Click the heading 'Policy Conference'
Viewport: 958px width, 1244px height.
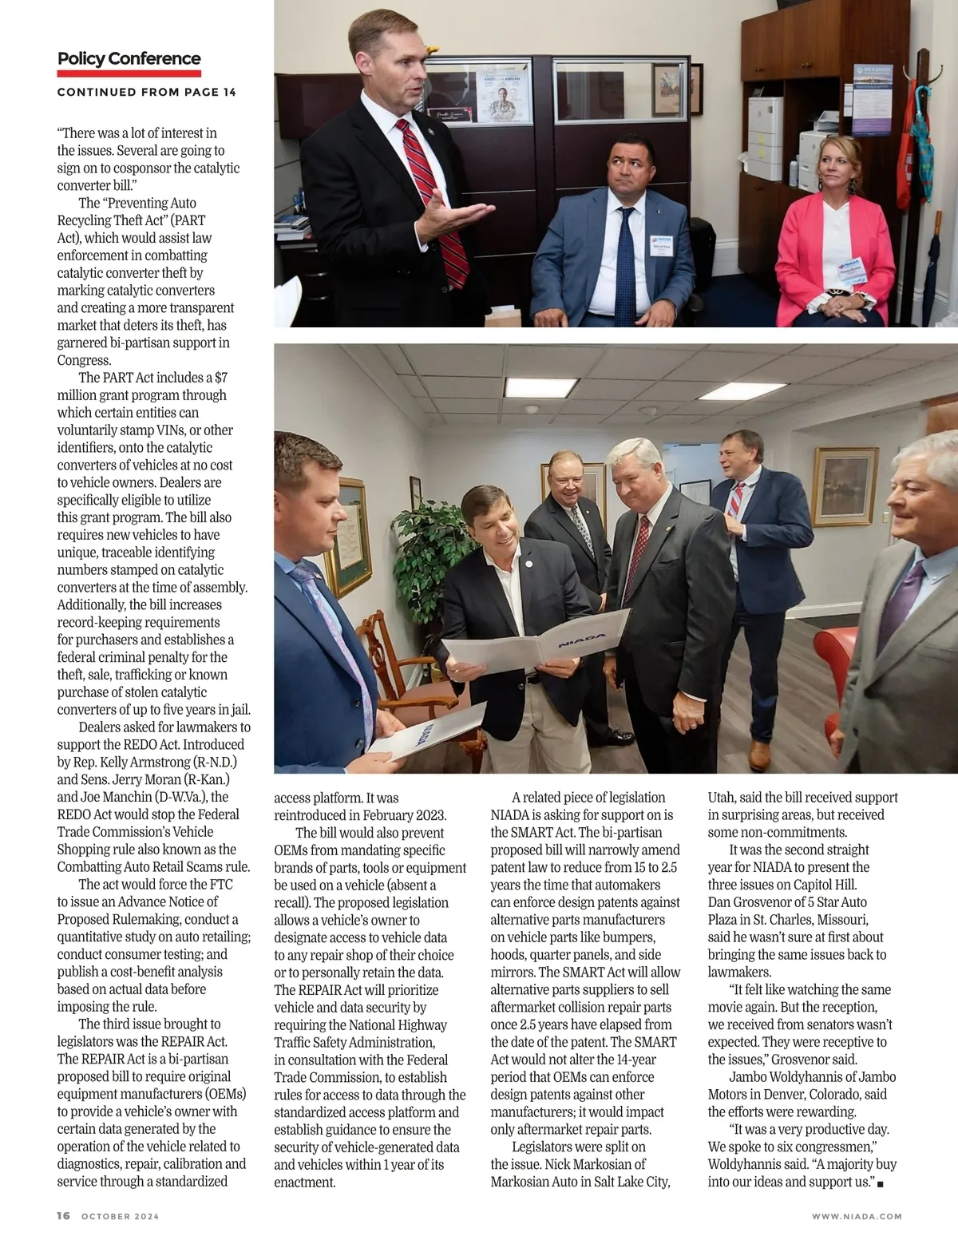(129, 59)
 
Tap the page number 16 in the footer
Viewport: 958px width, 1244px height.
(63, 1216)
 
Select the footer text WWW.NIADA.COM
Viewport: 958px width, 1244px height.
(857, 1217)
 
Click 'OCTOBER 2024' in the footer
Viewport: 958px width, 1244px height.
(121, 1217)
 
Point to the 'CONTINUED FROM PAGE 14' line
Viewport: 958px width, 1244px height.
(146, 92)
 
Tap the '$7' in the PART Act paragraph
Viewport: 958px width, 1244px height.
(221, 378)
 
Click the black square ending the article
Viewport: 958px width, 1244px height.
(880, 1183)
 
